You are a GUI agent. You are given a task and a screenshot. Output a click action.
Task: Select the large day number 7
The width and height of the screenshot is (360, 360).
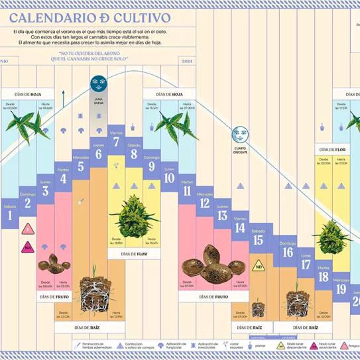click(x=117, y=142)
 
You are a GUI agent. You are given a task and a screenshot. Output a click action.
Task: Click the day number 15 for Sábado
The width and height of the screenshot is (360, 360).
click(x=258, y=241)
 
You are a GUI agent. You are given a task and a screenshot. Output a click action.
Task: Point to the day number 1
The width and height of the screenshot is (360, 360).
click(x=10, y=215)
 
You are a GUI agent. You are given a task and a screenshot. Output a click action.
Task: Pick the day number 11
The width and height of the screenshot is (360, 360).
click(x=186, y=192)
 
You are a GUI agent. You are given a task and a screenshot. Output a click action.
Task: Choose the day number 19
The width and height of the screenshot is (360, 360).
click(x=341, y=288)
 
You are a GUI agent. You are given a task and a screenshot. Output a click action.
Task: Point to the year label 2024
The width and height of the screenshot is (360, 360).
click(x=187, y=61)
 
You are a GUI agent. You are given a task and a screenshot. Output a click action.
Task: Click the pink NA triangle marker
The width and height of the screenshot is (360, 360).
click(x=28, y=230)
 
